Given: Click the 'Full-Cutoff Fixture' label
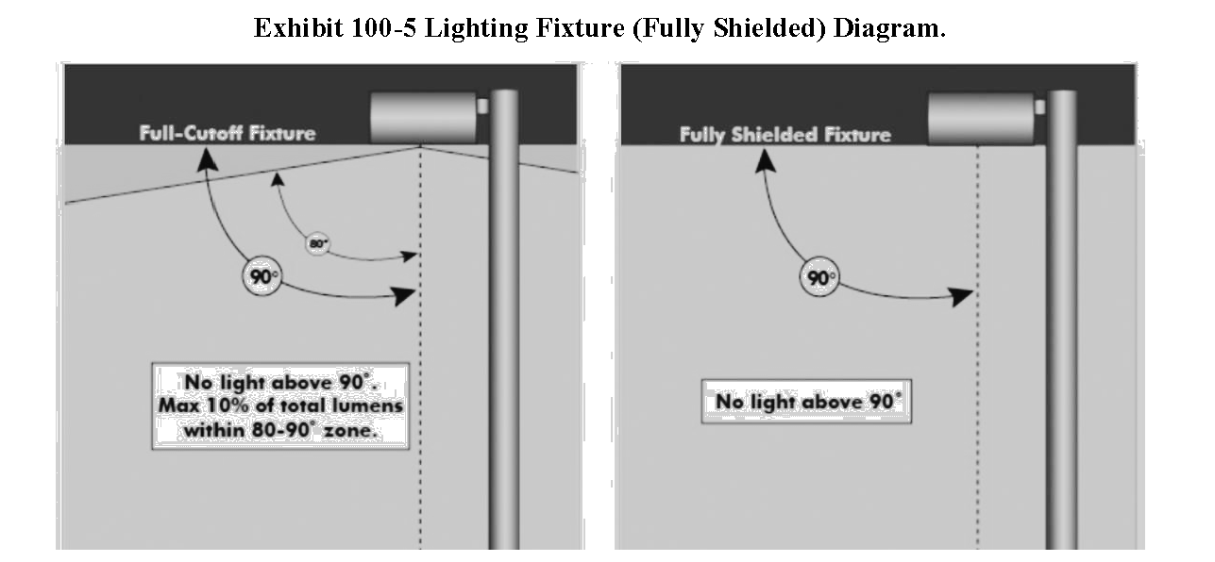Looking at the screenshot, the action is (x=228, y=133).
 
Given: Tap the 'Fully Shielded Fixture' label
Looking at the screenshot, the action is (x=785, y=135).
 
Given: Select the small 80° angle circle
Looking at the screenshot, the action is (x=317, y=244).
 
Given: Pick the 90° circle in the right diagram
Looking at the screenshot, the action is (x=819, y=278).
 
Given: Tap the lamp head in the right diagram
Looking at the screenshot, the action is (x=981, y=118).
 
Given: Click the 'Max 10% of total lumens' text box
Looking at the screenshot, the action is (x=280, y=405).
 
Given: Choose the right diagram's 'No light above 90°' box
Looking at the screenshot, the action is (x=808, y=403).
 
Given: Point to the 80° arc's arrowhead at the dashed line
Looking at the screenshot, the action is (x=411, y=255).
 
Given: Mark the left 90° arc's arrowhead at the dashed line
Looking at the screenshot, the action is (x=406, y=297).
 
